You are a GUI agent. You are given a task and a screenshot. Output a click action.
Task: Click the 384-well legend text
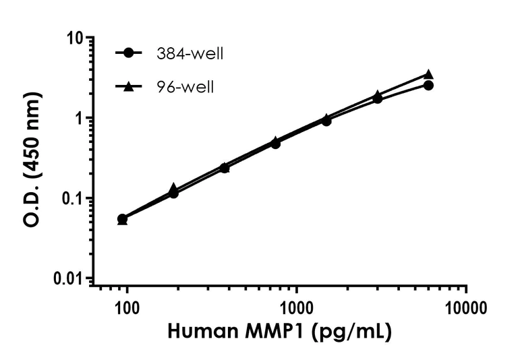189,54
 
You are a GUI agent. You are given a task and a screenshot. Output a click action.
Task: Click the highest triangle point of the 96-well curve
428,74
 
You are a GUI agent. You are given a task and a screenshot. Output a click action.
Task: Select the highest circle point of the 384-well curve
428,86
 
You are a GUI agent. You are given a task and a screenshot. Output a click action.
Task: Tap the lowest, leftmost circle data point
122,219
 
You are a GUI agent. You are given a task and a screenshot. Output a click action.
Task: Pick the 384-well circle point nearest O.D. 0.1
173,193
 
